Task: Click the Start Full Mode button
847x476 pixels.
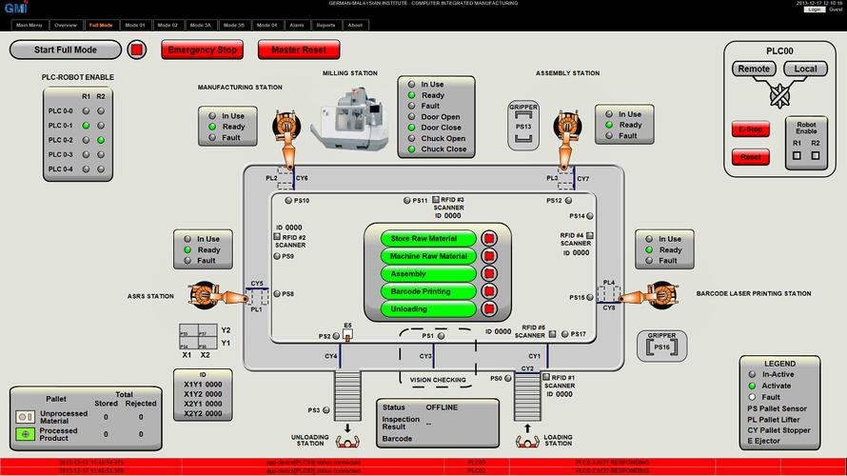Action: tap(66, 49)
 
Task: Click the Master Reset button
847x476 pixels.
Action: tap(299, 49)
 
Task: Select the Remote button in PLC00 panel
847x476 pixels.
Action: tap(754, 69)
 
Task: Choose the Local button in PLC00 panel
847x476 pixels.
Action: tap(805, 69)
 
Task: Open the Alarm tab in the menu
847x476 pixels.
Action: tap(297, 25)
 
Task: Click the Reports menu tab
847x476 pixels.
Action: tap(325, 25)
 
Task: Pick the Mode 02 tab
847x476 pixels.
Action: tap(167, 25)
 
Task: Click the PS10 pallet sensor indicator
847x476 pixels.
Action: tap(289, 201)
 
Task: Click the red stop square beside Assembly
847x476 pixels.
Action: tap(489, 274)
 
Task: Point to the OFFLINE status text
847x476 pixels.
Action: tap(441, 407)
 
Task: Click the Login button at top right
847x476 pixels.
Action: tap(814, 9)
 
